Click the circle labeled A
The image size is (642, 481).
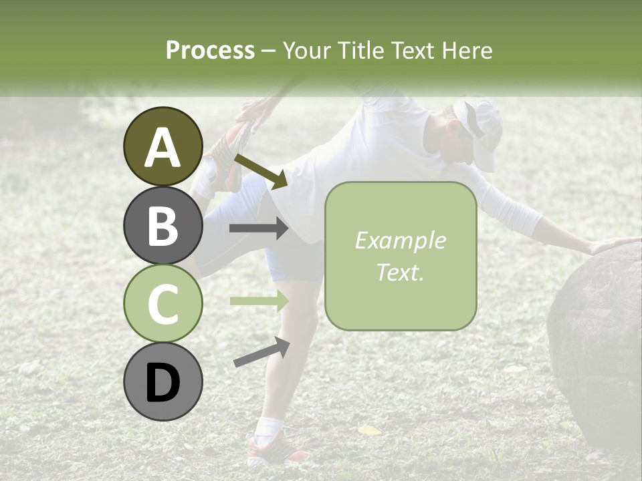[163, 146]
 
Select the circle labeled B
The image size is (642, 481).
[163, 225]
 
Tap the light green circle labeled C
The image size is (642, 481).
[163, 303]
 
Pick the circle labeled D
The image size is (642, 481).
[163, 381]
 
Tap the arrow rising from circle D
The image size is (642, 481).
[261, 352]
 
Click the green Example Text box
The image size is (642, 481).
[400, 256]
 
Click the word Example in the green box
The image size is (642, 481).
[400, 240]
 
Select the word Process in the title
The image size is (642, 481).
[210, 50]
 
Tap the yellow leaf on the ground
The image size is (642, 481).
[369, 430]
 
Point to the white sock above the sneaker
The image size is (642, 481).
[270, 426]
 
